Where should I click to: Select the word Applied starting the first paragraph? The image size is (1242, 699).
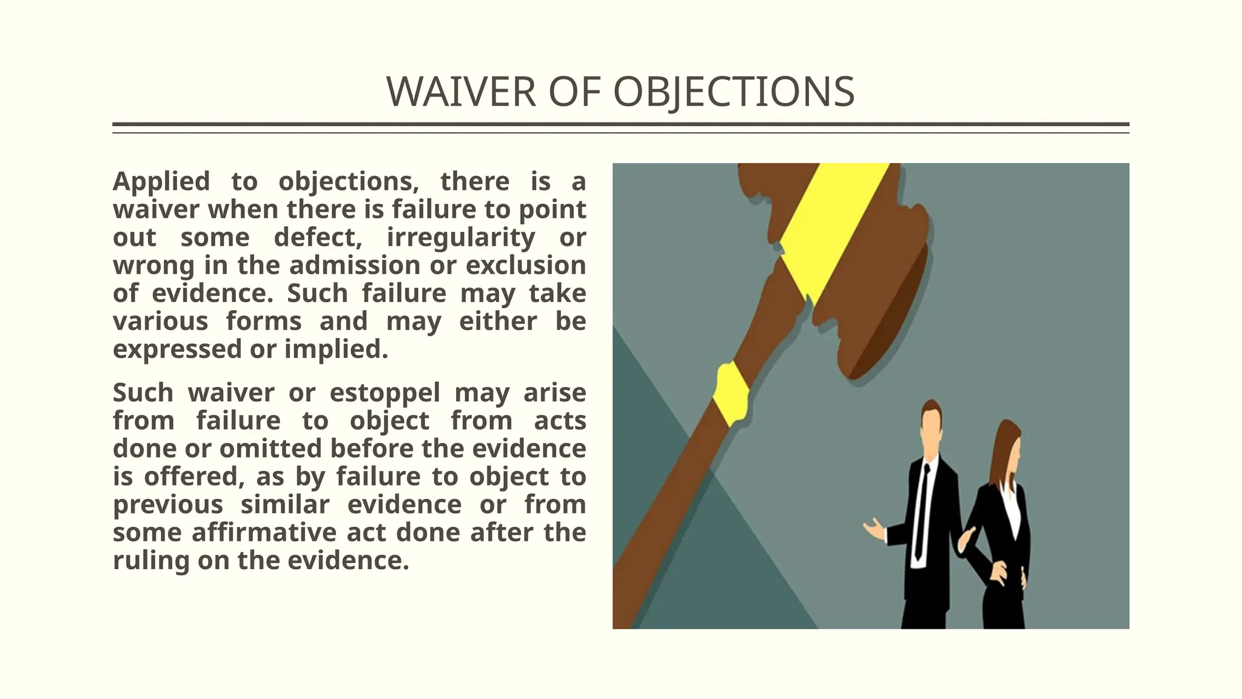[x=161, y=181]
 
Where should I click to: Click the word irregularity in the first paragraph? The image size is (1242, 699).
[x=461, y=237]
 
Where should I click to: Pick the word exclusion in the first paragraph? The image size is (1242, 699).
[x=526, y=265]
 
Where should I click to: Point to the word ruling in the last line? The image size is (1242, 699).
[x=151, y=560]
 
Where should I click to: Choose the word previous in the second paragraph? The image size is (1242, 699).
[x=168, y=504]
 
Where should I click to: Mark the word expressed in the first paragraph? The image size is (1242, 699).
[x=176, y=349]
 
